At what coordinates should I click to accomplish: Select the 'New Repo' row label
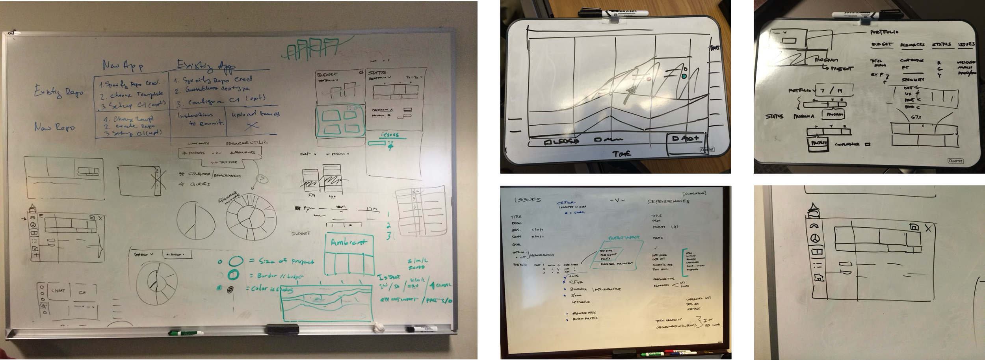(x=54, y=127)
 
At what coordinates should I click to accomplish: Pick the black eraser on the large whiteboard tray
(x=282, y=329)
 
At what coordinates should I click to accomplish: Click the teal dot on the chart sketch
(x=684, y=76)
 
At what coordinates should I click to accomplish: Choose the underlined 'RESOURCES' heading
(x=912, y=45)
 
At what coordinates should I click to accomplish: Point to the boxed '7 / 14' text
(x=829, y=90)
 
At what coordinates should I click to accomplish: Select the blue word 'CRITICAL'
(x=566, y=202)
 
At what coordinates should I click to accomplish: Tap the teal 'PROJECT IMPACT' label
(x=624, y=238)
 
